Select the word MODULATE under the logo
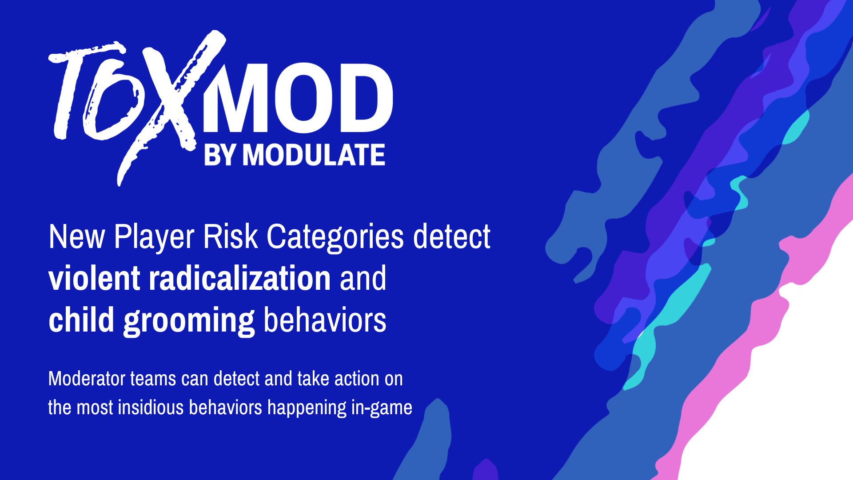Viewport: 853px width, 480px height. [313, 155]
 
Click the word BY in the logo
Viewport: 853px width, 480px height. [219, 155]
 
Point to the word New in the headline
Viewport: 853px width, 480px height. [76, 237]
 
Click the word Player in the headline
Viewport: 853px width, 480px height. [154, 237]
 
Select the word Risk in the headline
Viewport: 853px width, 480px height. [230, 237]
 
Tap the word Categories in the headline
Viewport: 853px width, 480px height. [335, 237]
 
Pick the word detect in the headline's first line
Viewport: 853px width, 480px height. [451, 237]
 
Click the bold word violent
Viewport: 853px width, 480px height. [94, 279]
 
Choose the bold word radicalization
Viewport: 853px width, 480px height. [239, 279]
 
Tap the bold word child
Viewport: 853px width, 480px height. [81, 320]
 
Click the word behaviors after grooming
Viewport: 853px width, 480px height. [325, 320]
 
